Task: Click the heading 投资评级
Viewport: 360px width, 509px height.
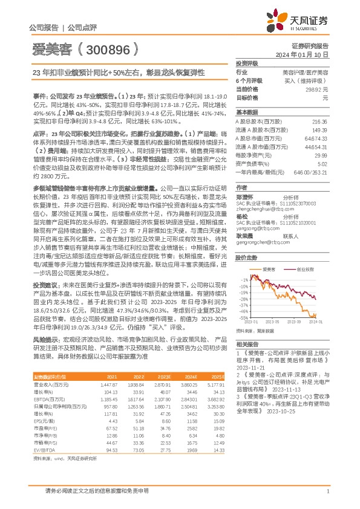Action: [x=246, y=63]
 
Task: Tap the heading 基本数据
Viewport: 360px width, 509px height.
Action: [x=246, y=112]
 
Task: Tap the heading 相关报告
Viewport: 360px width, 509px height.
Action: [x=246, y=344]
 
